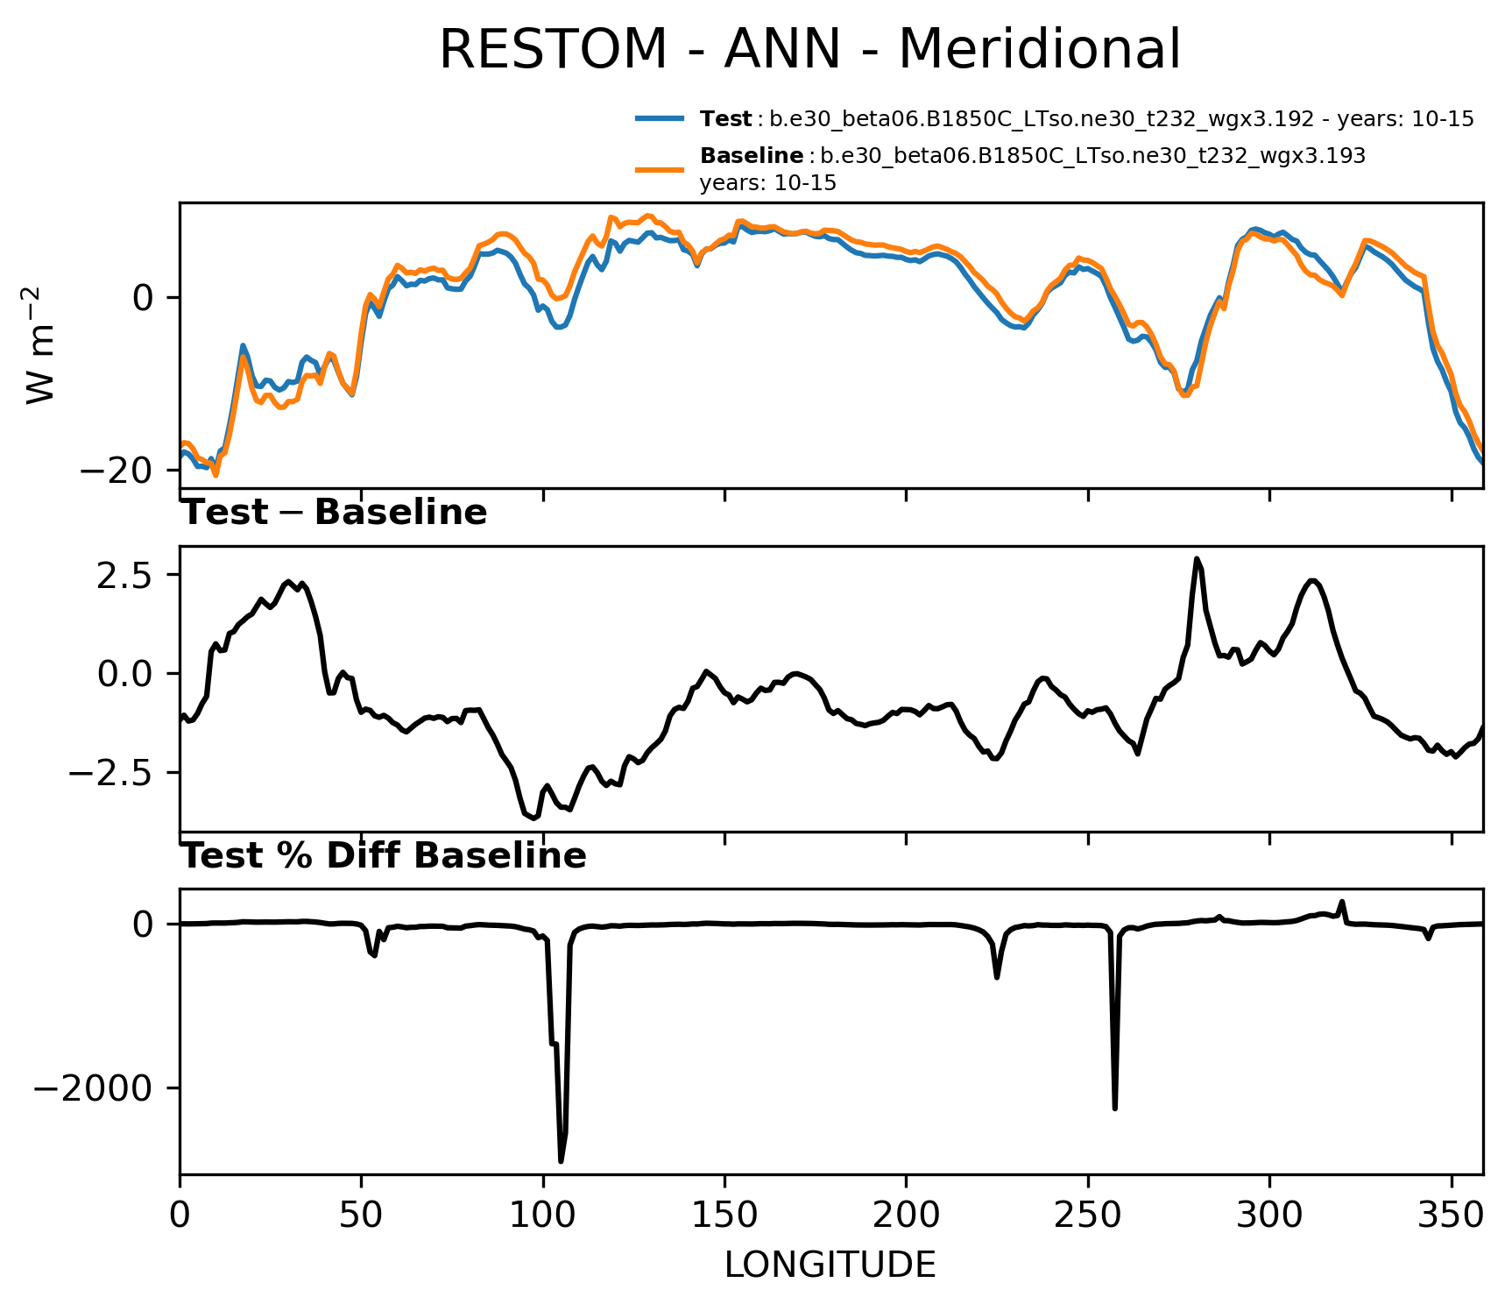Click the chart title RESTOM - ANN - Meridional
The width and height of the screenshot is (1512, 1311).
point(809,49)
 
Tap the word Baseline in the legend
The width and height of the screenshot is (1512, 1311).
point(752,156)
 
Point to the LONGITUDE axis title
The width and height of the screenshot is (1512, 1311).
point(830,1265)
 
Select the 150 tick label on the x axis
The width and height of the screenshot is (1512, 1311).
point(724,1215)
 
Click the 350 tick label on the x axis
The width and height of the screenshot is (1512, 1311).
point(1451,1215)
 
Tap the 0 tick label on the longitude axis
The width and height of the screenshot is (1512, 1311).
point(180,1215)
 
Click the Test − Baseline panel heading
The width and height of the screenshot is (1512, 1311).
point(334,513)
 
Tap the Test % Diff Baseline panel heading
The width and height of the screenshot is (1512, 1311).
point(384,855)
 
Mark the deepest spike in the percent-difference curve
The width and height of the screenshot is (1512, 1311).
point(561,1161)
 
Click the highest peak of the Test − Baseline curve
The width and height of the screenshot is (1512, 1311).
point(1197,559)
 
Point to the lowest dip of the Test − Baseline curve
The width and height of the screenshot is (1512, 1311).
point(534,818)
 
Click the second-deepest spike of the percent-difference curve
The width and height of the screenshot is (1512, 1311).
point(1114,1109)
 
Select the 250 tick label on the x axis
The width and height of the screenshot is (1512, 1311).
point(1088,1215)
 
